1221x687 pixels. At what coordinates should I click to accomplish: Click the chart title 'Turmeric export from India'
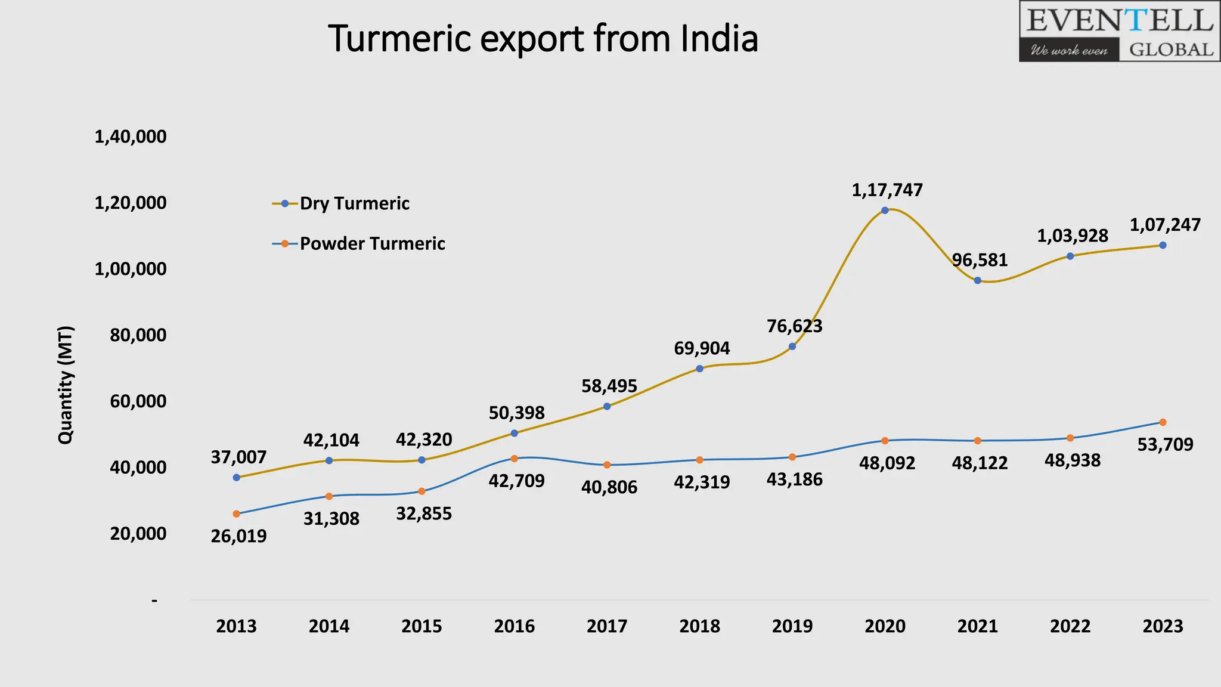pyautogui.click(x=543, y=39)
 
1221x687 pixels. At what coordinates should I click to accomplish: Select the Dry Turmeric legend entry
pyautogui.click(x=354, y=203)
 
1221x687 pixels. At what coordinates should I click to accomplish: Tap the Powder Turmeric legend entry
pyautogui.click(x=372, y=243)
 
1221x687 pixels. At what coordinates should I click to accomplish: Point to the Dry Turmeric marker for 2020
pyautogui.click(x=885, y=211)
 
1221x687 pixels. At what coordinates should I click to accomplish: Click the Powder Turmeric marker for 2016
pyautogui.click(x=515, y=459)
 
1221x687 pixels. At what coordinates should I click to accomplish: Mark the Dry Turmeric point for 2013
pyautogui.click(x=237, y=477)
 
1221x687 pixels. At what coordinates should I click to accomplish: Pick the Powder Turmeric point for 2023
pyautogui.click(x=1163, y=422)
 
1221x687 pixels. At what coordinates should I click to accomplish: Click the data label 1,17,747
pyautogui.click(x=887, y=190)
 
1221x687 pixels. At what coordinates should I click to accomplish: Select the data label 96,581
pyautogui.click(x=980, y=260)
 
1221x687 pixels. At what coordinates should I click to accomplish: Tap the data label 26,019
pyautogui.click(x=238, y=536)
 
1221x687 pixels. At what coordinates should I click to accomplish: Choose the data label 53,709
pyautogui.click(x=1165, y=444)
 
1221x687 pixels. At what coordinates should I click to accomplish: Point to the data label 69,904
pyautogui.click(x=702, y=348)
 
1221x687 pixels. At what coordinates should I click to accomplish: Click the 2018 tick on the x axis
pyautogui.click(x=700, y=626)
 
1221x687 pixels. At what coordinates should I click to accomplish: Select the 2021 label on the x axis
pyautogui.click(x=978, y=626)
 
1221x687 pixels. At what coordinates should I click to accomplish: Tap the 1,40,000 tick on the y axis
pyautogui.click(x=131, y=137)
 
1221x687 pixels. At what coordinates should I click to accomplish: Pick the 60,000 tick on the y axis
pyautogui.click(x=138, y=401)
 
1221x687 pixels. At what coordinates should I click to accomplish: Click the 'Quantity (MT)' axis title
pyautogui.click(x=66, y=385)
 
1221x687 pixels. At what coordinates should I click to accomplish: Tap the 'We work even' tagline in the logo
pyautogui.click(x=1069, y=50)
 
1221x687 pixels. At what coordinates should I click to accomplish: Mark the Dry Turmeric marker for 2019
pyautogui.click(x=792, y=346)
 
